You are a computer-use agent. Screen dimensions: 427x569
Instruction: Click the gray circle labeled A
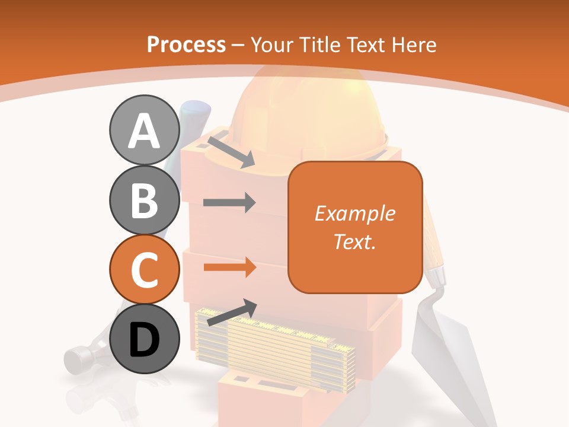[x=144, y=131]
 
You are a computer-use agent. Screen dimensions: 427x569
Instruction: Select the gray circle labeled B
[x=144, y=200]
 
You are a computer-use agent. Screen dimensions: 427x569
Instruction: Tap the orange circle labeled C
[x=144, y=269]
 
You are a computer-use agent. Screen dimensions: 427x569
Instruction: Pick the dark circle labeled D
[x=144, y=339]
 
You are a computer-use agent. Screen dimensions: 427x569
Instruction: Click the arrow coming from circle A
[x=231, y=151]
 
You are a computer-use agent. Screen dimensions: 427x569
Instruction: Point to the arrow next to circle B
[x=229, y=203]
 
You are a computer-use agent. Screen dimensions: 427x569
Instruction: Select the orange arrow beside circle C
[x=229, y=267]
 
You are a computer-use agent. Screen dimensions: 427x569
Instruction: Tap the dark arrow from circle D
[x=232, y=312]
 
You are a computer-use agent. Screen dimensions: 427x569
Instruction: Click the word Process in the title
[x=186, y=44]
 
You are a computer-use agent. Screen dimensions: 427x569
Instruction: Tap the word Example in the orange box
[x=354, y=213]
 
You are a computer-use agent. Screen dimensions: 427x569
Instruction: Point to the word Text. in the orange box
[x=354, y=241]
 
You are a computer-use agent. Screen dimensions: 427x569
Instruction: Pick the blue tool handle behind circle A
[x=196, y=111]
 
